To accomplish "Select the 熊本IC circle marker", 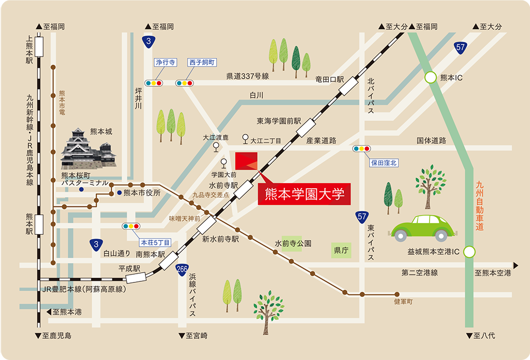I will pos(431,78).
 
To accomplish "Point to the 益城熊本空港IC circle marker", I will pos(469,252).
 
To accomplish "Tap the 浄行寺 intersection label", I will pos(166,63).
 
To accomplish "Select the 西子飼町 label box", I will pos(202,63).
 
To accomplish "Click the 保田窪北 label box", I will pos(384,162).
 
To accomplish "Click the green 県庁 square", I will pos(341,250).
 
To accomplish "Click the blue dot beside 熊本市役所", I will pos(120,193).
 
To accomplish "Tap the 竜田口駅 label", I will pos(330,79).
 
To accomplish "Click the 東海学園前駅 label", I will pos(278,121).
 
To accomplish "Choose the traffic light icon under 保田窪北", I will pos(361,149).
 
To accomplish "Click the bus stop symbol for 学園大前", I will pos(224,163).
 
